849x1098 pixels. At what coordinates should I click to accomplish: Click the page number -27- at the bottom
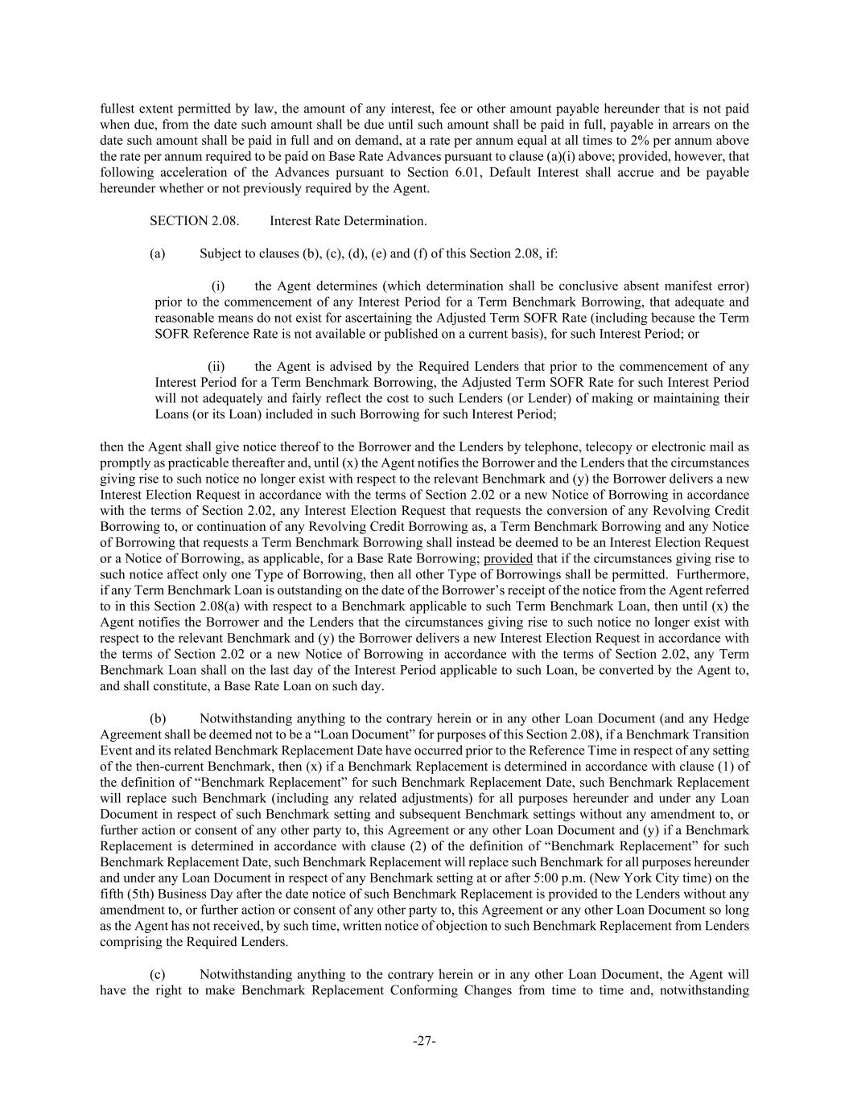[x=424, y=1041]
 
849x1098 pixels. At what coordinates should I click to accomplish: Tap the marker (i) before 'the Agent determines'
[x=218, y=286]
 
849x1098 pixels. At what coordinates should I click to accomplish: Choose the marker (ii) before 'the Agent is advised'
[x=217, y=366]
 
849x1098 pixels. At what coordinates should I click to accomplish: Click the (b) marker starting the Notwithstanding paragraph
[x=158, y=718]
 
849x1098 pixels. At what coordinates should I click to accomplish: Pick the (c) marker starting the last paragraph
[x=158, y=975]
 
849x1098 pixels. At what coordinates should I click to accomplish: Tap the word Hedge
[x=732, y=718]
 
